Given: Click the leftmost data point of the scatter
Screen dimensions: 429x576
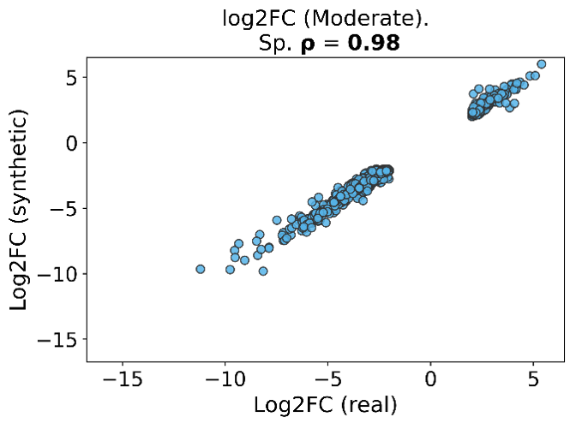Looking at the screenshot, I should point(201,269).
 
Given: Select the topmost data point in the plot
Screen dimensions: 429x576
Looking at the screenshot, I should point(541,64).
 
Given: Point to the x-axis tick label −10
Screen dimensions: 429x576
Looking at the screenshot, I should point(225,378).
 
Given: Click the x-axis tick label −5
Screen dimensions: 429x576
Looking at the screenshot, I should point(327,378).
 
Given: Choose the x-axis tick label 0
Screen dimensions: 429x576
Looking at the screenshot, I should point(430,378).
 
